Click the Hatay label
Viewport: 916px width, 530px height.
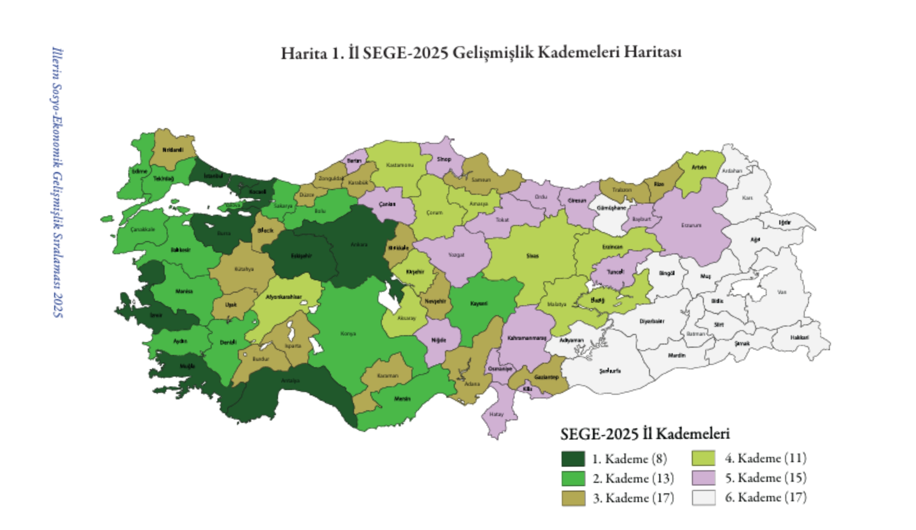click(x=496, y=414)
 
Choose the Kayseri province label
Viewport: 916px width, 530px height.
click(x=479, y=303)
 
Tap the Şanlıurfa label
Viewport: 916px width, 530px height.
click(x=610, y=371)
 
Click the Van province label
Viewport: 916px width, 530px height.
click(x=781, y=292)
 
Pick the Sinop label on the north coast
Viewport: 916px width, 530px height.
click(x=444, y=159)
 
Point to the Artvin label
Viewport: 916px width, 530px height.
click(x=699, y=167)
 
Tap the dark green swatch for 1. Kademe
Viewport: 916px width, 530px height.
click(x=573, y=459)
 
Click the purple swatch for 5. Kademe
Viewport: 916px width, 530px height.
click(x=703, y=478)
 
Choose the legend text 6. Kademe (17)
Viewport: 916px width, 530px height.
click(x=766, y=497)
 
